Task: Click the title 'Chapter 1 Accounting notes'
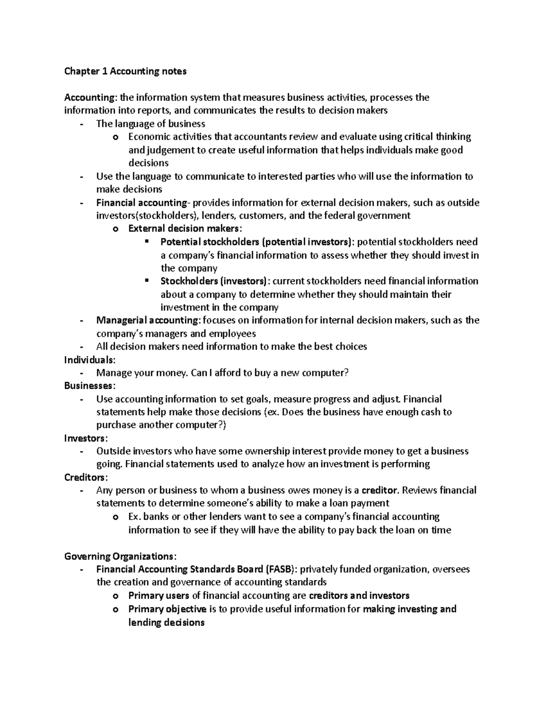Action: click(125, 71)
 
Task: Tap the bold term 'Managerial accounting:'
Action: click(148, 320)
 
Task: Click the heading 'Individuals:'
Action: click(90, 360)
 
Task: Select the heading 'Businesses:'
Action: click(90, 386)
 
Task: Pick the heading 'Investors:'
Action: click(86, 439)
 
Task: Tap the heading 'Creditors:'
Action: click(86, 478)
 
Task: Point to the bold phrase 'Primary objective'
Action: click(167, 609)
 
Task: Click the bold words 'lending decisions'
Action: click(166, 623)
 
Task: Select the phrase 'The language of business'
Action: click(151, 124)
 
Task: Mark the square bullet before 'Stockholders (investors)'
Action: click(147, 280)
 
